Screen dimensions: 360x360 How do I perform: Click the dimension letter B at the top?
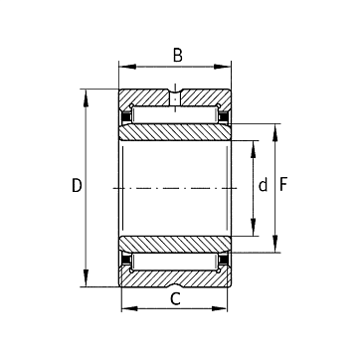pyautogui.click(x=178, y=56)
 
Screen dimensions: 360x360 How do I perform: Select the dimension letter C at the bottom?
pyautogui.click(x=175, y=298)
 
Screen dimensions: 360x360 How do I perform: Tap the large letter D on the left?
pyautogui.click(x=77, y=185)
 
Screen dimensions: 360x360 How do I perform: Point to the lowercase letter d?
pyautogui.click(x=263, y=185)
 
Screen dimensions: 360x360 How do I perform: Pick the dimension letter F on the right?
pyautogui.click(x=283, y=185)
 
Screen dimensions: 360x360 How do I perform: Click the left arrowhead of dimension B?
pyautogui.click(x=127, y=67)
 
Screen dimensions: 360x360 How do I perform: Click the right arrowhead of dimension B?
pyautogui.click(x=222, y=67)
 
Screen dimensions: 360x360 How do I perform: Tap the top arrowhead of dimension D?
pyautogui.click(x=86, y=98)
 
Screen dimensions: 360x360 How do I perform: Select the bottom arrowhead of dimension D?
pyautogui.click(x=86, y=277)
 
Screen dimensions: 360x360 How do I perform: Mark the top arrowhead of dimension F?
pyautogui.click(x=274, y=132)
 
